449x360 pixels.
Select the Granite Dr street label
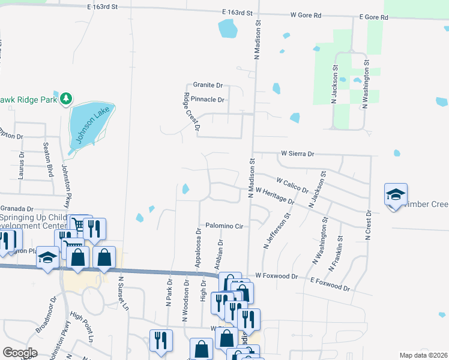tap(208, 86)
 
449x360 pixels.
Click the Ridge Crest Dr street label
tap(191, 112)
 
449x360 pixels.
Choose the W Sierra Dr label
tap(298, 154)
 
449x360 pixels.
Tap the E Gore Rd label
tap(373, 17)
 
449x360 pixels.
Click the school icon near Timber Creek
tap(396, 194)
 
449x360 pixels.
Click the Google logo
tap(20, 352)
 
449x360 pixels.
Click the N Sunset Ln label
tap(124, 293)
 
